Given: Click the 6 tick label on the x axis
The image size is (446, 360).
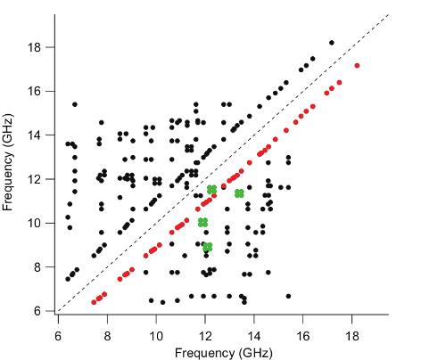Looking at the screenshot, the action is (58, 336).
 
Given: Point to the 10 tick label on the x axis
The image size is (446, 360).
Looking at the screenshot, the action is (156, 336).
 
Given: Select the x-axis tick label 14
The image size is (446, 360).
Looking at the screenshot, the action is (253, 336).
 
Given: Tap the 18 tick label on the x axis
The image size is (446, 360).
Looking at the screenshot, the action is (351, 336).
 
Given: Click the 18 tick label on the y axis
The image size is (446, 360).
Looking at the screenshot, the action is (34, 47).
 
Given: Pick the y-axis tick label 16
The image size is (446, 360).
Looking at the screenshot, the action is (34, 91).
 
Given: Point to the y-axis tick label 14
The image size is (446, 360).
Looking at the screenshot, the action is (34, 135).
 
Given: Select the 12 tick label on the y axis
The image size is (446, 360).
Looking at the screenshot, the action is (34, 179).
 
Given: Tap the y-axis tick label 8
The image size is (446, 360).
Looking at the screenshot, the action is (37, 267).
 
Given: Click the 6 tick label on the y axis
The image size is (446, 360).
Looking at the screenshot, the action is (37, 311).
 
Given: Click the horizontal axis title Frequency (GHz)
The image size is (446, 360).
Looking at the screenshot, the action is (224, 353).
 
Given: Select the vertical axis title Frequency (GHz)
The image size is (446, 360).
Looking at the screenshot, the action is (7, 162).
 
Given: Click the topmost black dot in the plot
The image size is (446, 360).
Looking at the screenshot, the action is (332, 43).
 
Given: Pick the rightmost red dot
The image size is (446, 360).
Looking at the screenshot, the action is (357, 66).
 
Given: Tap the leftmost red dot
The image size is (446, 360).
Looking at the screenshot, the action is (94, 302).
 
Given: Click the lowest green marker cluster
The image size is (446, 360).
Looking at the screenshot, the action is (208, 247).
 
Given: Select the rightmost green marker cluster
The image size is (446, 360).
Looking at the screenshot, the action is (239, 193).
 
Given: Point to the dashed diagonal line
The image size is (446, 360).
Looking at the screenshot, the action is (224, 163).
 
